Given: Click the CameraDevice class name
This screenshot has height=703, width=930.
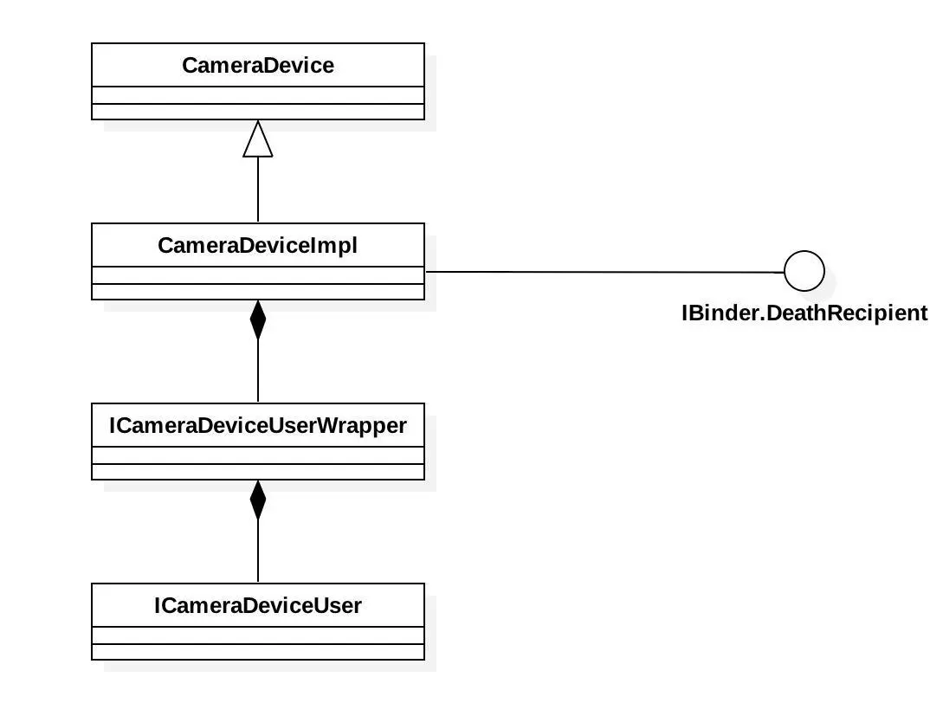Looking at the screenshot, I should point(258,66).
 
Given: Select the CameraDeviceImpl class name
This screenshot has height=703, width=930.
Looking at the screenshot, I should point(258,246).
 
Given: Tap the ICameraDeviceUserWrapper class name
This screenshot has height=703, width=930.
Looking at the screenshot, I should point(258,426).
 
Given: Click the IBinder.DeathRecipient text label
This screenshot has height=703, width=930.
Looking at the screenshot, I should point(804,313).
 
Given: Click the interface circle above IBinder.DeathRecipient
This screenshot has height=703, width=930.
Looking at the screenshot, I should point(804,272).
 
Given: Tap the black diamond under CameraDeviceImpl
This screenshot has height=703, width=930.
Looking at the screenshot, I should point(258,320).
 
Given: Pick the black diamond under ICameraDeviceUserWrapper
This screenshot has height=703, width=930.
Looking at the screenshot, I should point(258,500).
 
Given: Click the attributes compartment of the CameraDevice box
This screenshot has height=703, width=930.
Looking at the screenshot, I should point(258,95).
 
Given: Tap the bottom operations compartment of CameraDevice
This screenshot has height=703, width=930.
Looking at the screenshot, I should point(258,112).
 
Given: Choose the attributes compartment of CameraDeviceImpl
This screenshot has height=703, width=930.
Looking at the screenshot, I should point(258,275).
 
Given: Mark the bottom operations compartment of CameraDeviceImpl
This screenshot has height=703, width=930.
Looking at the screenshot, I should point(258,292).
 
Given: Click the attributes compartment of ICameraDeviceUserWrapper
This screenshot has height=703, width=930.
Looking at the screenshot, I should point(258,455).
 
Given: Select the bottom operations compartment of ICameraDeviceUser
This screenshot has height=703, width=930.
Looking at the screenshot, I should point(258,652).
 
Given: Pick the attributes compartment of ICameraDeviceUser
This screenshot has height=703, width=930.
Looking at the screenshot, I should point(258,635).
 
